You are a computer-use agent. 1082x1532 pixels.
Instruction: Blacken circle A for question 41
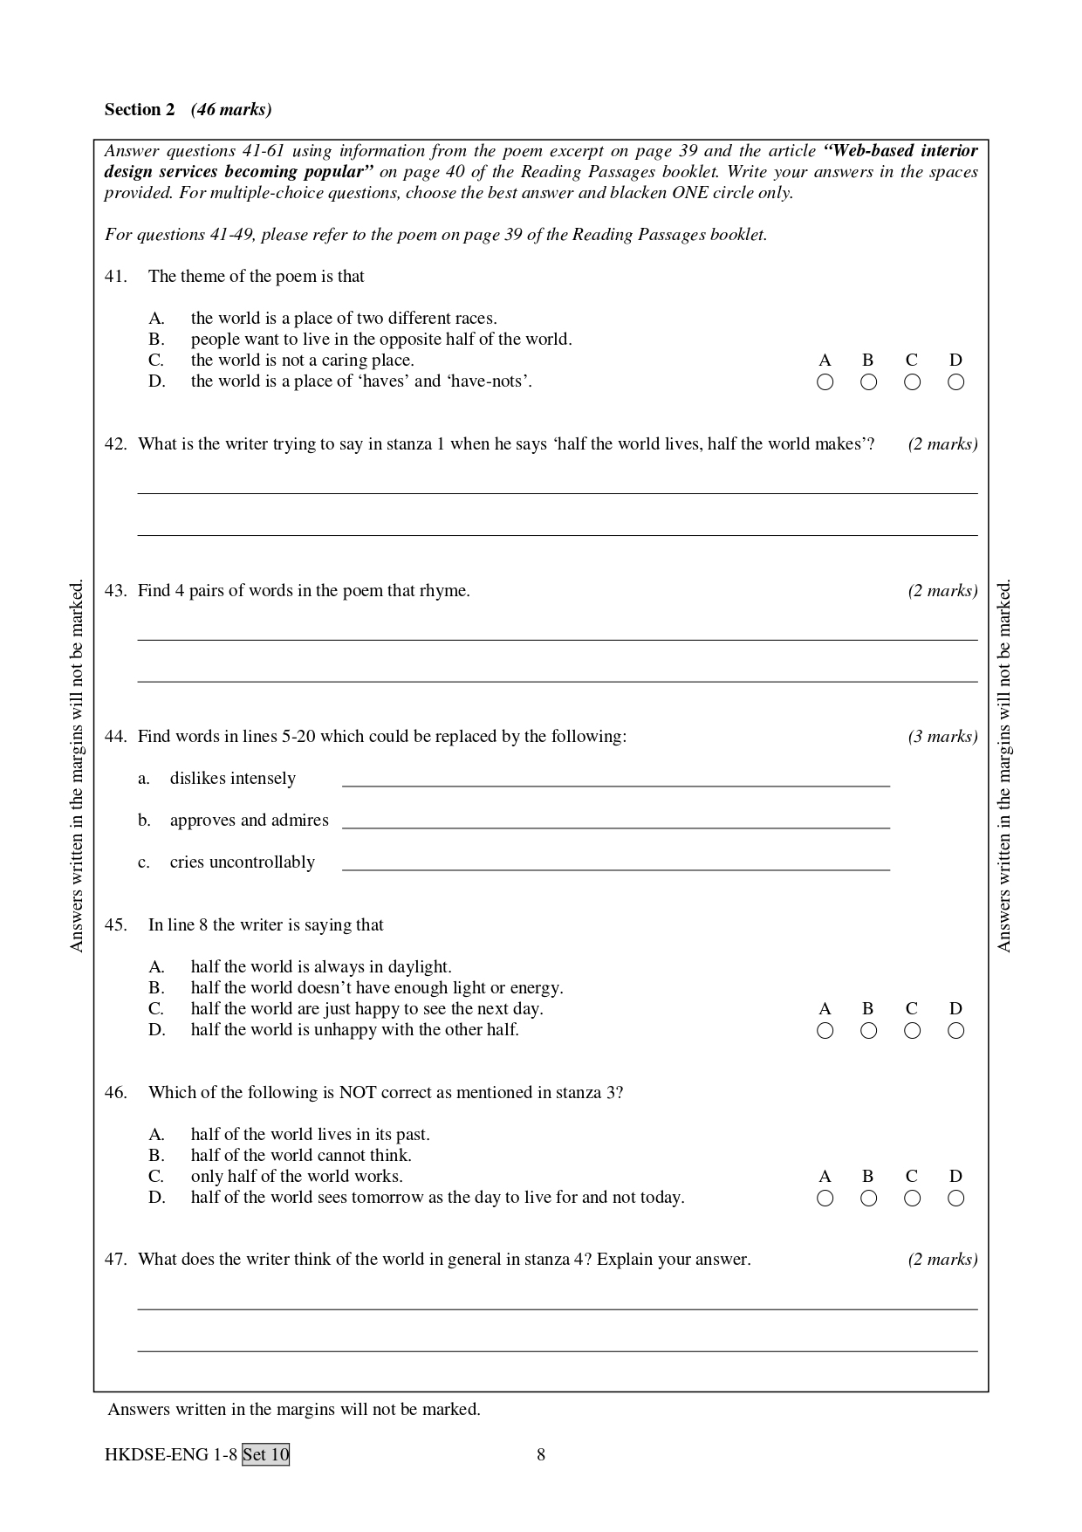[825, 381]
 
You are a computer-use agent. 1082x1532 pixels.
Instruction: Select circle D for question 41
[955, 381]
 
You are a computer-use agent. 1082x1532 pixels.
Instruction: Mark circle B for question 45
[868, 1031]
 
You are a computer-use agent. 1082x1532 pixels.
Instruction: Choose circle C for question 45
[912, 1031]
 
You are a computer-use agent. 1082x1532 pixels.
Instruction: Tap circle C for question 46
[912, 1199]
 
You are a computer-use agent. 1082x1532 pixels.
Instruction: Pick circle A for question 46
[825, 1199]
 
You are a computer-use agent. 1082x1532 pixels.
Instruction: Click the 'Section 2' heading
[140, 109]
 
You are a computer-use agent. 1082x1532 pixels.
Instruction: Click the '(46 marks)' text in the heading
[231, 109]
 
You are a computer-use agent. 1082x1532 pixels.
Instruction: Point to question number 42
[115, 443]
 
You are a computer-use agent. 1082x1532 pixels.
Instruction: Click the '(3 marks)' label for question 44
[942, 736]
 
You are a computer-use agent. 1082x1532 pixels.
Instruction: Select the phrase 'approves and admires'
[249, 820]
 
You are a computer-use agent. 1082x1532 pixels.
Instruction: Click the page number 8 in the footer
[541, 1454]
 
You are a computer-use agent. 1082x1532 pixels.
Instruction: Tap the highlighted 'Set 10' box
[265, 1454]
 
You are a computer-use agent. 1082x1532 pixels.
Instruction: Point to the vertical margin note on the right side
[1003, 766]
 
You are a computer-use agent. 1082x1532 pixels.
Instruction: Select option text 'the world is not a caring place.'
[302, 360]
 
